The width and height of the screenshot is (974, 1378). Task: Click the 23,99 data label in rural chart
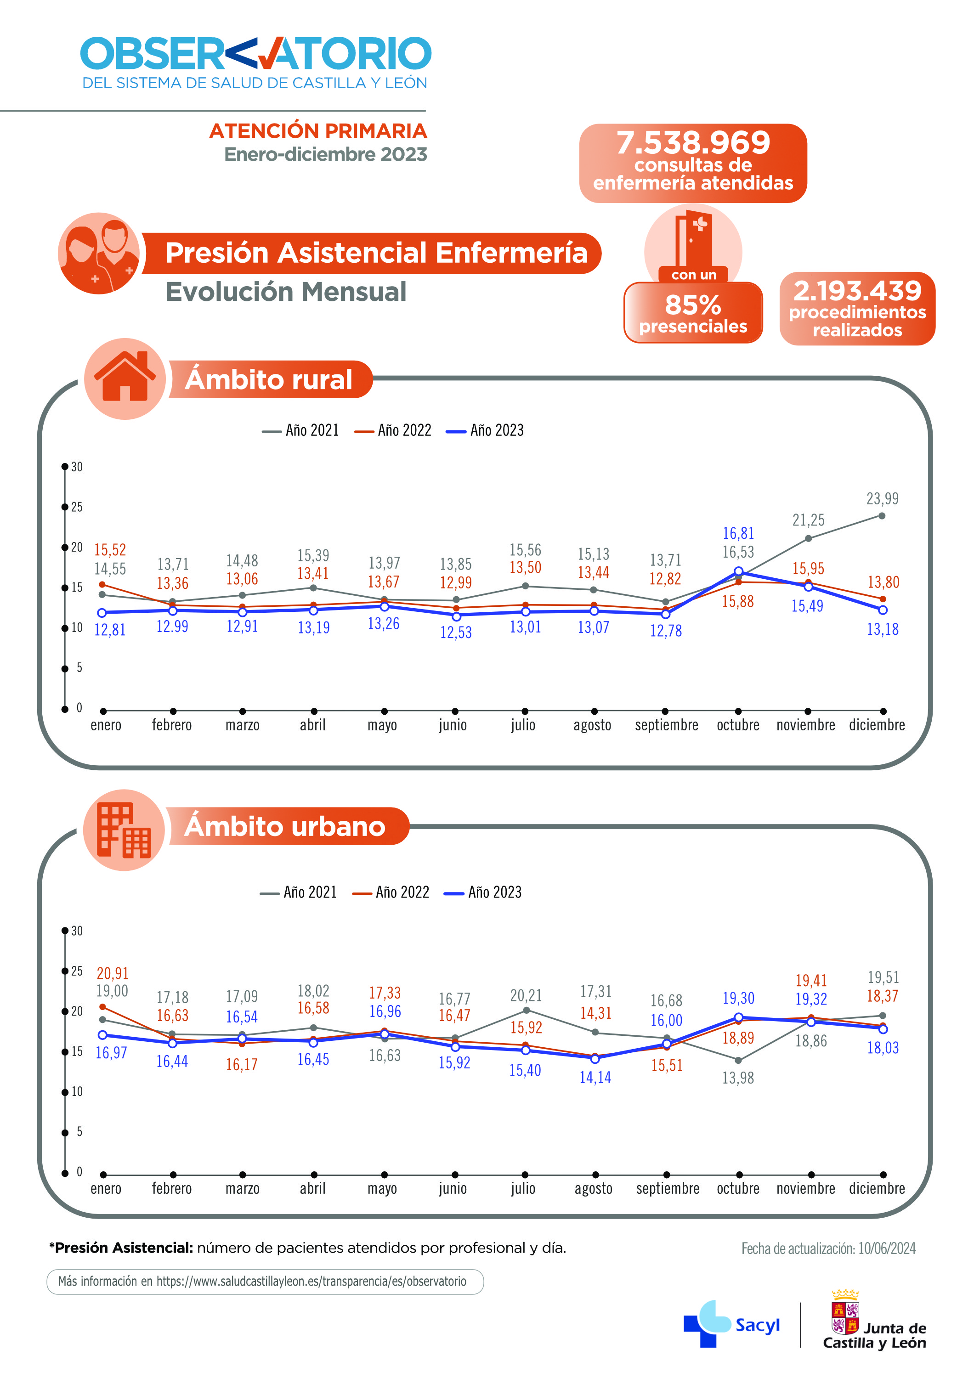point(882,499)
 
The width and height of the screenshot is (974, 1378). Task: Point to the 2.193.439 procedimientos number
point(857,291)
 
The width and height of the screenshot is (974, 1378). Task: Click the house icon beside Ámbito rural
point(125,378)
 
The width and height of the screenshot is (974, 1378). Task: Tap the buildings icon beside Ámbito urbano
point(124,830)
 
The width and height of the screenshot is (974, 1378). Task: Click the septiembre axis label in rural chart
point(666,725)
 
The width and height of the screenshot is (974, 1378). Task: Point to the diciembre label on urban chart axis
point(876,1188)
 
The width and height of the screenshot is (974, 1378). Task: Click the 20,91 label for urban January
point(112,973)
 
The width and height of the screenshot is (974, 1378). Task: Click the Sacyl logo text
point(757,1325)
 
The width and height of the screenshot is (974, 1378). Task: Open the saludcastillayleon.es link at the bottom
point(311,1282)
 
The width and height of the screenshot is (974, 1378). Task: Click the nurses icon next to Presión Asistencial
point(99,253)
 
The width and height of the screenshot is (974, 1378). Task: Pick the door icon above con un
point(693,239)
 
